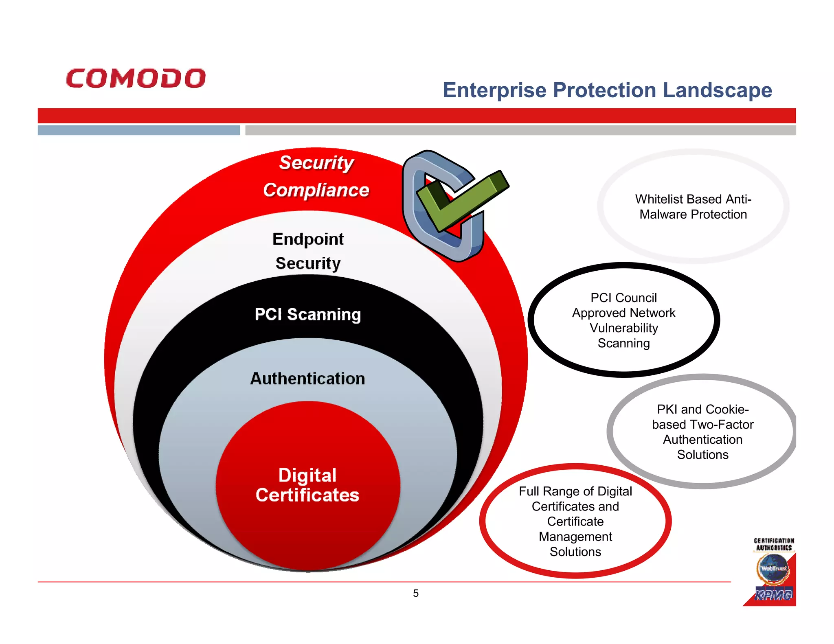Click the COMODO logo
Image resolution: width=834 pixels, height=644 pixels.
[x=136, y=78]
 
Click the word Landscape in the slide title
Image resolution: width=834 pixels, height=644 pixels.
[x=717, y=90]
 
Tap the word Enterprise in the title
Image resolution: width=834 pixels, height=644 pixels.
[x=494, y=90]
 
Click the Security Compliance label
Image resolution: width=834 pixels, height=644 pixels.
[x=316, y=176]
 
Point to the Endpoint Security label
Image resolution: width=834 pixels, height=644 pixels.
[x=308, y=251]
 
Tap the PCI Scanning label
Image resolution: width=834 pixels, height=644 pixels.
[x=308, y=314]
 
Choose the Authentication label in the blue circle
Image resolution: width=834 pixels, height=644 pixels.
[x=307, y=379]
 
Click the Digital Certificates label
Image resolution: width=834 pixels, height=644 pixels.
[x=307, y=485]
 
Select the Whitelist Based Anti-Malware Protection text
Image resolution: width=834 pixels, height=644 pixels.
[x=693, y=207]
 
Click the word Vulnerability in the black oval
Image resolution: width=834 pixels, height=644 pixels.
[x=623, y=328]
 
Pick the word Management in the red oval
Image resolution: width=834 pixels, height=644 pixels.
[x=575, y=537]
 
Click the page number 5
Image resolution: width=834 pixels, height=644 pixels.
[x=416, y=593]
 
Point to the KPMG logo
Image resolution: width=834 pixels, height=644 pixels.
[x=773, y=595]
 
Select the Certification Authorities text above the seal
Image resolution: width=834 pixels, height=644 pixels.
[x=774, y=544]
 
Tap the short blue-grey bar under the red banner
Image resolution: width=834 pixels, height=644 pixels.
[x=138, y=130]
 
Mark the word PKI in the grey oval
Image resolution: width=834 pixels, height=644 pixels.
[x=667, y=410]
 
